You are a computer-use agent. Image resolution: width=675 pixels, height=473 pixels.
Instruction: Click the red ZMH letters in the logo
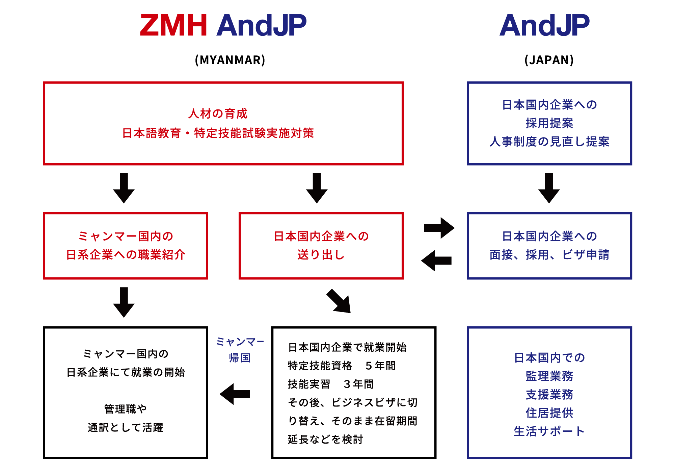[173, 25]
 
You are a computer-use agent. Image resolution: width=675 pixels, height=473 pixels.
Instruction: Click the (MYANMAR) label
[230, 60]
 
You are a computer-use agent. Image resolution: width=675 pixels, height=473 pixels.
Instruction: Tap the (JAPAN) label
[549, 60]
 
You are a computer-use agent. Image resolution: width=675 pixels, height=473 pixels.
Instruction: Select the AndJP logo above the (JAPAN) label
[544, 25]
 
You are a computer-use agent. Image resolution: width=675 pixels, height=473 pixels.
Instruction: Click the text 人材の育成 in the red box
[218, 114]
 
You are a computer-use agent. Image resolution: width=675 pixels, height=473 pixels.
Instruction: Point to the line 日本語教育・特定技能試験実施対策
[218, 133]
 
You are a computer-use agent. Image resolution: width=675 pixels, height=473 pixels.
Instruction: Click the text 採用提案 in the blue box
[549, 123]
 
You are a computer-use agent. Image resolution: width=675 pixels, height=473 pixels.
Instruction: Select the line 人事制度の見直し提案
[549, 142]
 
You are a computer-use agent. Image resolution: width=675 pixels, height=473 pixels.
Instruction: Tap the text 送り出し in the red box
[321, 255]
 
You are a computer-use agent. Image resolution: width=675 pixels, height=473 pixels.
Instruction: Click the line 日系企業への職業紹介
[126, 255]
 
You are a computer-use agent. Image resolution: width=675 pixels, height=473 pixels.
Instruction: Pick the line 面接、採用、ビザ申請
[549, 255]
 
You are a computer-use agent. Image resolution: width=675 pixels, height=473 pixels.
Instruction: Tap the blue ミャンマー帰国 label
[240, 350]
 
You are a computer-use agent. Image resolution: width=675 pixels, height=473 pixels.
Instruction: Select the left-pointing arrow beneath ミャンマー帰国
[235, 394]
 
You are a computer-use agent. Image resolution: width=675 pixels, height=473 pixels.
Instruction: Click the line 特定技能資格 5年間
[342, 366]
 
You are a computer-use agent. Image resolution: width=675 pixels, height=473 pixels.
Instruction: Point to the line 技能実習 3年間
[331, 384]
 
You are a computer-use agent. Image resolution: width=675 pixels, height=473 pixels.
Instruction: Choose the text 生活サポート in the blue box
[549, 431]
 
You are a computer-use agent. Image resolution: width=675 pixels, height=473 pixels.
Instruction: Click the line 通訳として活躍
[126, 428]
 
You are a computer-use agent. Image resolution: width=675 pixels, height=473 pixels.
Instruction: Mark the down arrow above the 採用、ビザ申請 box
[549, 188]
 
